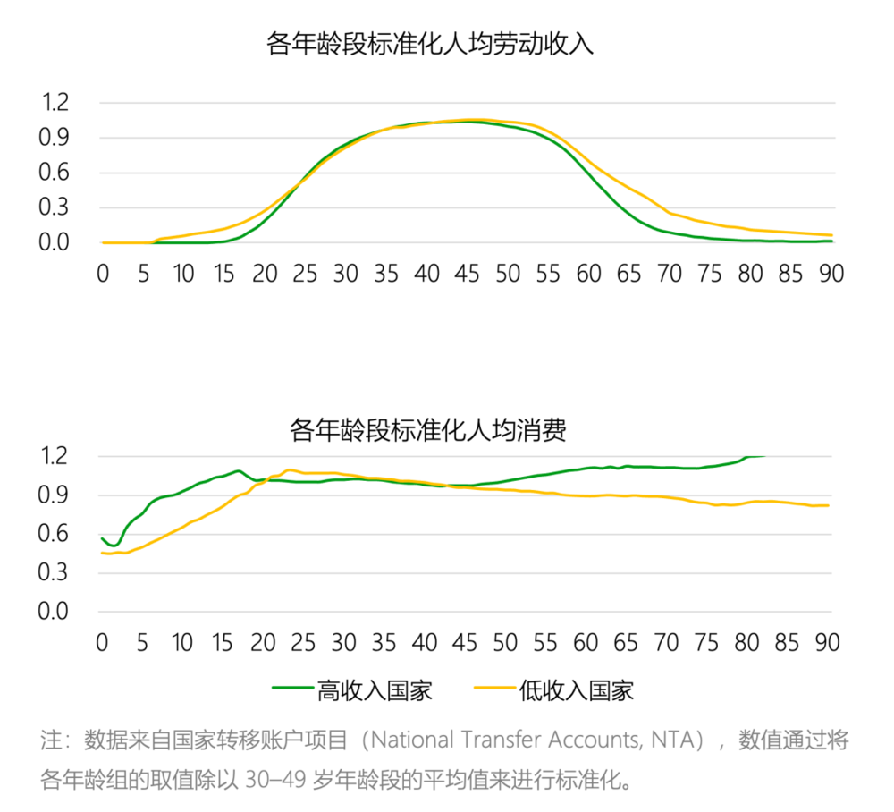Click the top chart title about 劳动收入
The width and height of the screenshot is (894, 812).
point(430,44)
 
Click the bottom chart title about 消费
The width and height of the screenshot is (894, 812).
point(429,430)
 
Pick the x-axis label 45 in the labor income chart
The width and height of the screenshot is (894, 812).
point(468,274)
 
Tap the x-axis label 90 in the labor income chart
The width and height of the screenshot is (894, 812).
point(831,274)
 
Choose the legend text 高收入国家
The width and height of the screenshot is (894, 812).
point(375,690)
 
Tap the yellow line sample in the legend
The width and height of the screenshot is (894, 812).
point(493,690)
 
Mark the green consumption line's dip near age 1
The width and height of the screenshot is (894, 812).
point(114,545)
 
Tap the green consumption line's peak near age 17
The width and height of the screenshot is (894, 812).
point(239,470)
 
